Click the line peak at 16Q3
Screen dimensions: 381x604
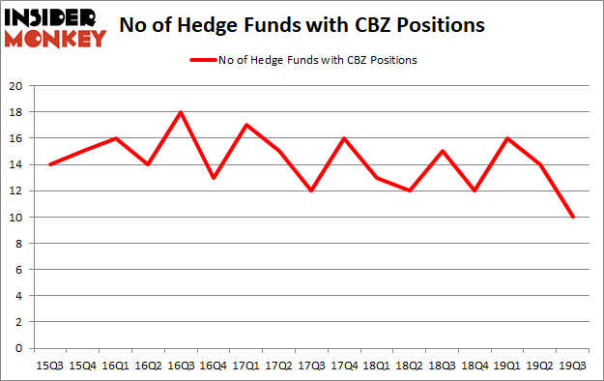tap(181, 112)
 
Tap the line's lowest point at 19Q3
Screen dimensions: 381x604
tap(574, 217)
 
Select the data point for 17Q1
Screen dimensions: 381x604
tap(246, 125)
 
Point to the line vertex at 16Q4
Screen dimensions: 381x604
tap(214, 178)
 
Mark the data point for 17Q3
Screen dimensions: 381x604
tap(312, 190)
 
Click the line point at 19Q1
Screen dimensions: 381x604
tap(508, 138)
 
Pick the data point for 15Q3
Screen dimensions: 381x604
tap(49, 164)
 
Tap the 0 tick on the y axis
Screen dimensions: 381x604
tap(20, 348)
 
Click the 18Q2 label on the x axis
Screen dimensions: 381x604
tap(411, 366)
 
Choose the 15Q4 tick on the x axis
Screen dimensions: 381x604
tap(82, 366)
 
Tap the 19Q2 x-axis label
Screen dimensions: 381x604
tap(541, 366)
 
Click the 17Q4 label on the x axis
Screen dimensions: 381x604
tap(345, 366)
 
